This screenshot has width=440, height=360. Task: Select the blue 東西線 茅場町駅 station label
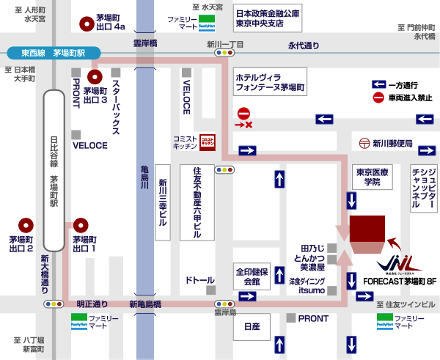pos(53,53)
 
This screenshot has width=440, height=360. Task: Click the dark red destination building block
pos(369,229)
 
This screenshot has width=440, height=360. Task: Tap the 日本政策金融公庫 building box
pos(267,18)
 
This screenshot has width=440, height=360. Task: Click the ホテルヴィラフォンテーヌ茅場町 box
pos(270,81)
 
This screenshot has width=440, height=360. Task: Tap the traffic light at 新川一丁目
pos(223,54)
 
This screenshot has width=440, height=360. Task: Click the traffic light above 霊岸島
pos(223,303)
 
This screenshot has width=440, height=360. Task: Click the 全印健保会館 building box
pos(252,276)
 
